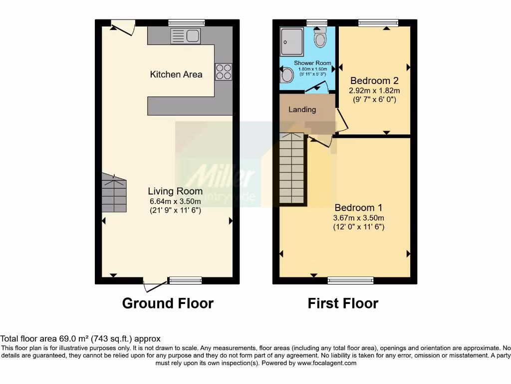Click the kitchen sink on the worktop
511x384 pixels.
point(185,35)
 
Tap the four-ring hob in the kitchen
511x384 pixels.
point(223,71)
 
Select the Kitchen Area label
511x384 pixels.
point(176,74)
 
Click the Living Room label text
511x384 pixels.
point(175,191)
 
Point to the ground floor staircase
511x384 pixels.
point(114,192)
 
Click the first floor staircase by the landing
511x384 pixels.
point(291,168)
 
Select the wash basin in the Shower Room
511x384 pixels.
point(286,76)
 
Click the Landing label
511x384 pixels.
point(302,109)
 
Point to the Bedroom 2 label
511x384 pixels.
point(374,80)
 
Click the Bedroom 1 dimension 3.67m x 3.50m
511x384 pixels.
point(359,217)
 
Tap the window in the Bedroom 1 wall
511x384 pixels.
point(350,280)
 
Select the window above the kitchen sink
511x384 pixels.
point(186,22)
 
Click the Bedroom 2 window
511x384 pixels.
point(378,22)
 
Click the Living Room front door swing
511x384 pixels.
point(155,286)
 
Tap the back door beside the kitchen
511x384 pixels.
point(123,27)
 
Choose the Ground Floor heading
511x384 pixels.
point(168,303)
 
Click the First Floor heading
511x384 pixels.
point(343,303)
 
